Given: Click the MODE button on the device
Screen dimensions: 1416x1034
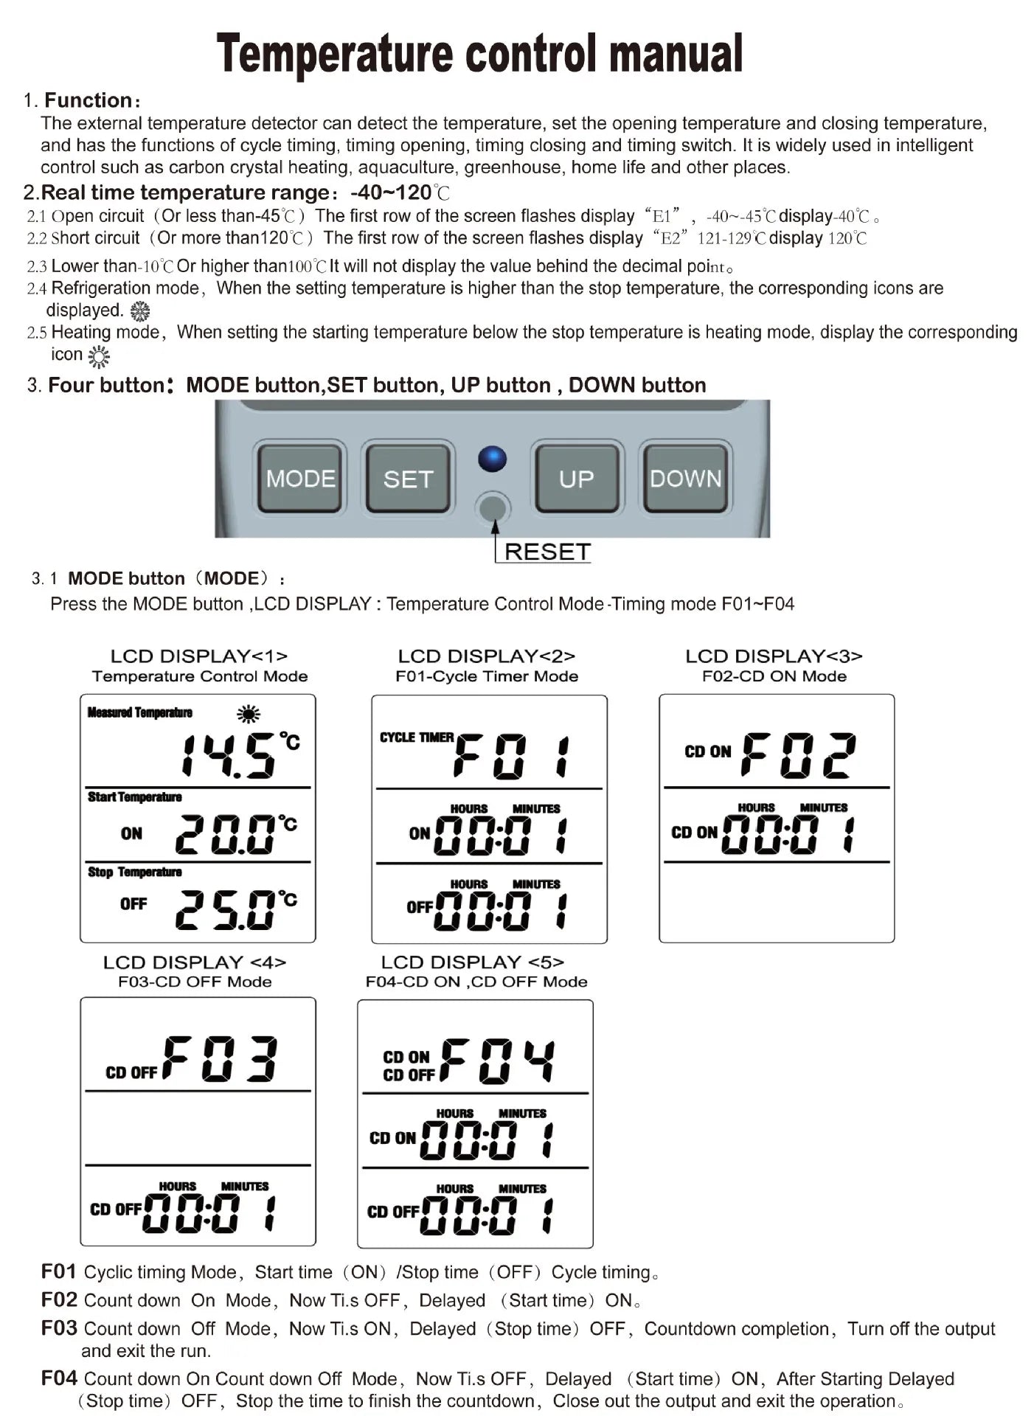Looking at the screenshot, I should [299, 479].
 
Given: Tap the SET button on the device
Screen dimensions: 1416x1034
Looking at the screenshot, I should [407, 479].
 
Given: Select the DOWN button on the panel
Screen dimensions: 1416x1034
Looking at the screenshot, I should [685, 479].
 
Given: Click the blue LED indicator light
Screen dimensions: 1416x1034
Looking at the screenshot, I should [492, 459].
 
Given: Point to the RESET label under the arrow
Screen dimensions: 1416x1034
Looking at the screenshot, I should [547, 552].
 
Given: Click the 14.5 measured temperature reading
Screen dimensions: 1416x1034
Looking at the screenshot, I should [229, 755].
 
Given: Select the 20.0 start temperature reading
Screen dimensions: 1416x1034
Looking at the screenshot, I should [224, 834].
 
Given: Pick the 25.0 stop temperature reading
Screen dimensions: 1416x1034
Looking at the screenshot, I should [224, 909].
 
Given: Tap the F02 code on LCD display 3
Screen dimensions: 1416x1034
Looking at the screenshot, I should [799, 755].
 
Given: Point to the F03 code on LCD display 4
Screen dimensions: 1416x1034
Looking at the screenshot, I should [220, 1059].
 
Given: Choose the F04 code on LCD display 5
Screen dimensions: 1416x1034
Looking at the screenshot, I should [499, 1061].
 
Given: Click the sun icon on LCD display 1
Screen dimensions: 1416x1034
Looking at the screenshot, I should [249, 714].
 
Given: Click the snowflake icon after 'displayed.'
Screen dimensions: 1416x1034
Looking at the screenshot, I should [139, 311].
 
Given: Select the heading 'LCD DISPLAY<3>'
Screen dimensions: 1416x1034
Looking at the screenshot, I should [774, 656].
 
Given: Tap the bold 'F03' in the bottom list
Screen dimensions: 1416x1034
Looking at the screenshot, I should [59, 1327].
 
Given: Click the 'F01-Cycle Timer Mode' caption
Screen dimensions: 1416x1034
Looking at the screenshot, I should [487, 676].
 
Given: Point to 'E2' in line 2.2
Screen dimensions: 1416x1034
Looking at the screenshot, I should [670, 238].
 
